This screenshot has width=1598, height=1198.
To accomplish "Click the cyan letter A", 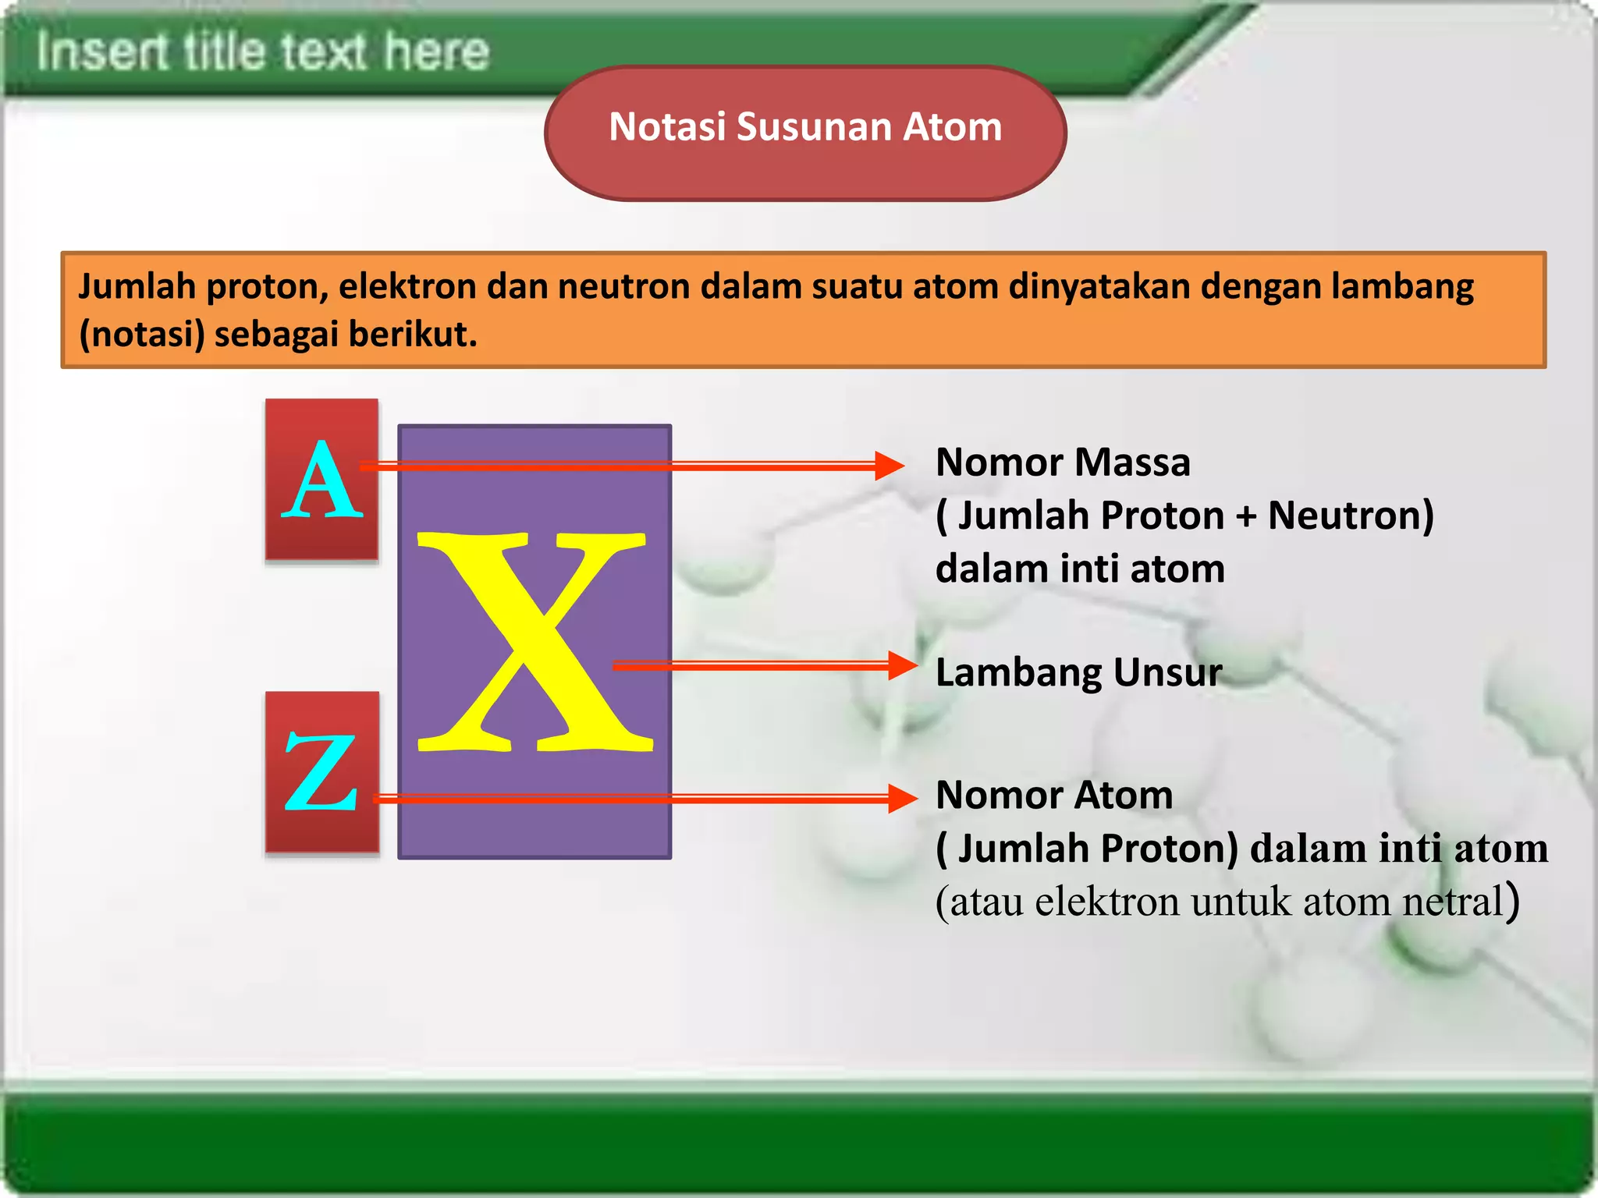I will (x=322, y=481).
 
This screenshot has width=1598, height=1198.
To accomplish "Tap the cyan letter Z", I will (x=321, y=772).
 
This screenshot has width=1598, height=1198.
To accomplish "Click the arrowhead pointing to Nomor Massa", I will (x=890, y=466).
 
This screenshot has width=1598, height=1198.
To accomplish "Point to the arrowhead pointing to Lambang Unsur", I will (x=903, y=665).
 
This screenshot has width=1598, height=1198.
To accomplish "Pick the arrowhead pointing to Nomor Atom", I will (x=903, y=798).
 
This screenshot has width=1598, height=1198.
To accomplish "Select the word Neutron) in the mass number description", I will (x=1351, y=516).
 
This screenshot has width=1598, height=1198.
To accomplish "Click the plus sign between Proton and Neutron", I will (x=1246, y=516).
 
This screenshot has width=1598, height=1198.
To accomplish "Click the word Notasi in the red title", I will (x=666, y=127).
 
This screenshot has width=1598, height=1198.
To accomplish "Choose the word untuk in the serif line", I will (x=1241, y=902).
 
